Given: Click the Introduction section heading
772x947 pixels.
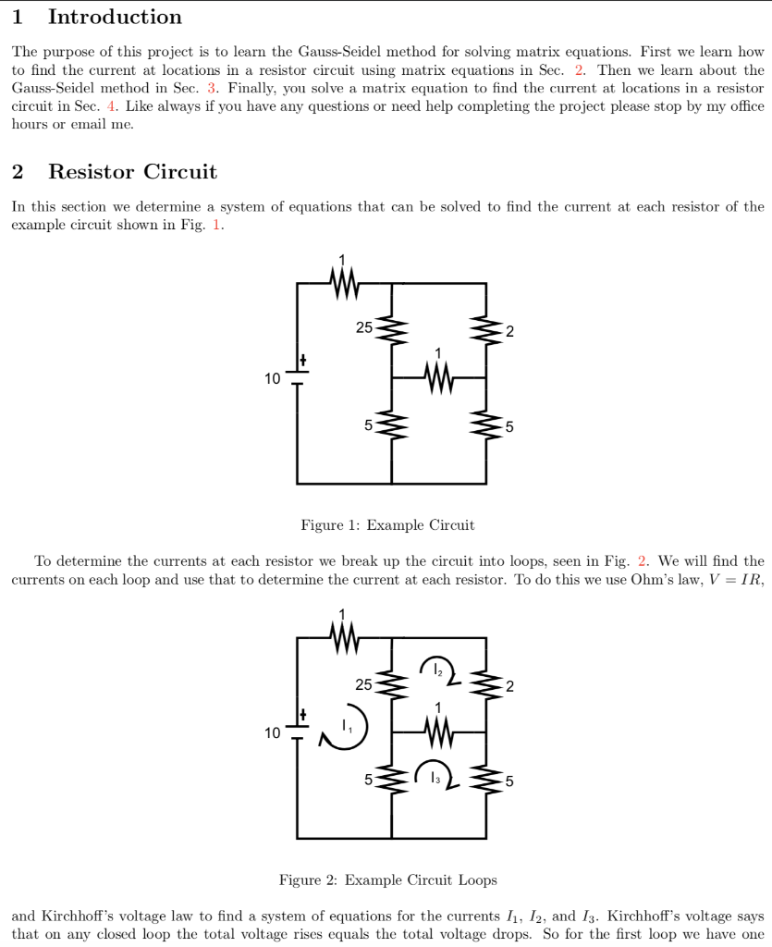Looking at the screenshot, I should (x=115, y=17).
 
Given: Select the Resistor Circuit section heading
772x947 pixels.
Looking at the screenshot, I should (x=132, y=171).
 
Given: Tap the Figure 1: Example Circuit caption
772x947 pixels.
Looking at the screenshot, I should (x=387, y=525).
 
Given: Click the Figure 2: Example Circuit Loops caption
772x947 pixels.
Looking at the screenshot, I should (x=387, y=879).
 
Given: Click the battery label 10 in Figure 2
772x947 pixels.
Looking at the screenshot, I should (x=272, y=732).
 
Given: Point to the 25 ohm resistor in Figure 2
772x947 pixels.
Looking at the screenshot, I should (x=391, y=684).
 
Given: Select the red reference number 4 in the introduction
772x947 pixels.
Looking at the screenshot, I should (x=111, y=105).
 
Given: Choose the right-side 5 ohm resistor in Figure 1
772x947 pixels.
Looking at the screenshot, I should (x=485, y=425).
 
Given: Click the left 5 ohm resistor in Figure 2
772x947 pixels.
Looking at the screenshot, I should (x=391, y=780).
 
